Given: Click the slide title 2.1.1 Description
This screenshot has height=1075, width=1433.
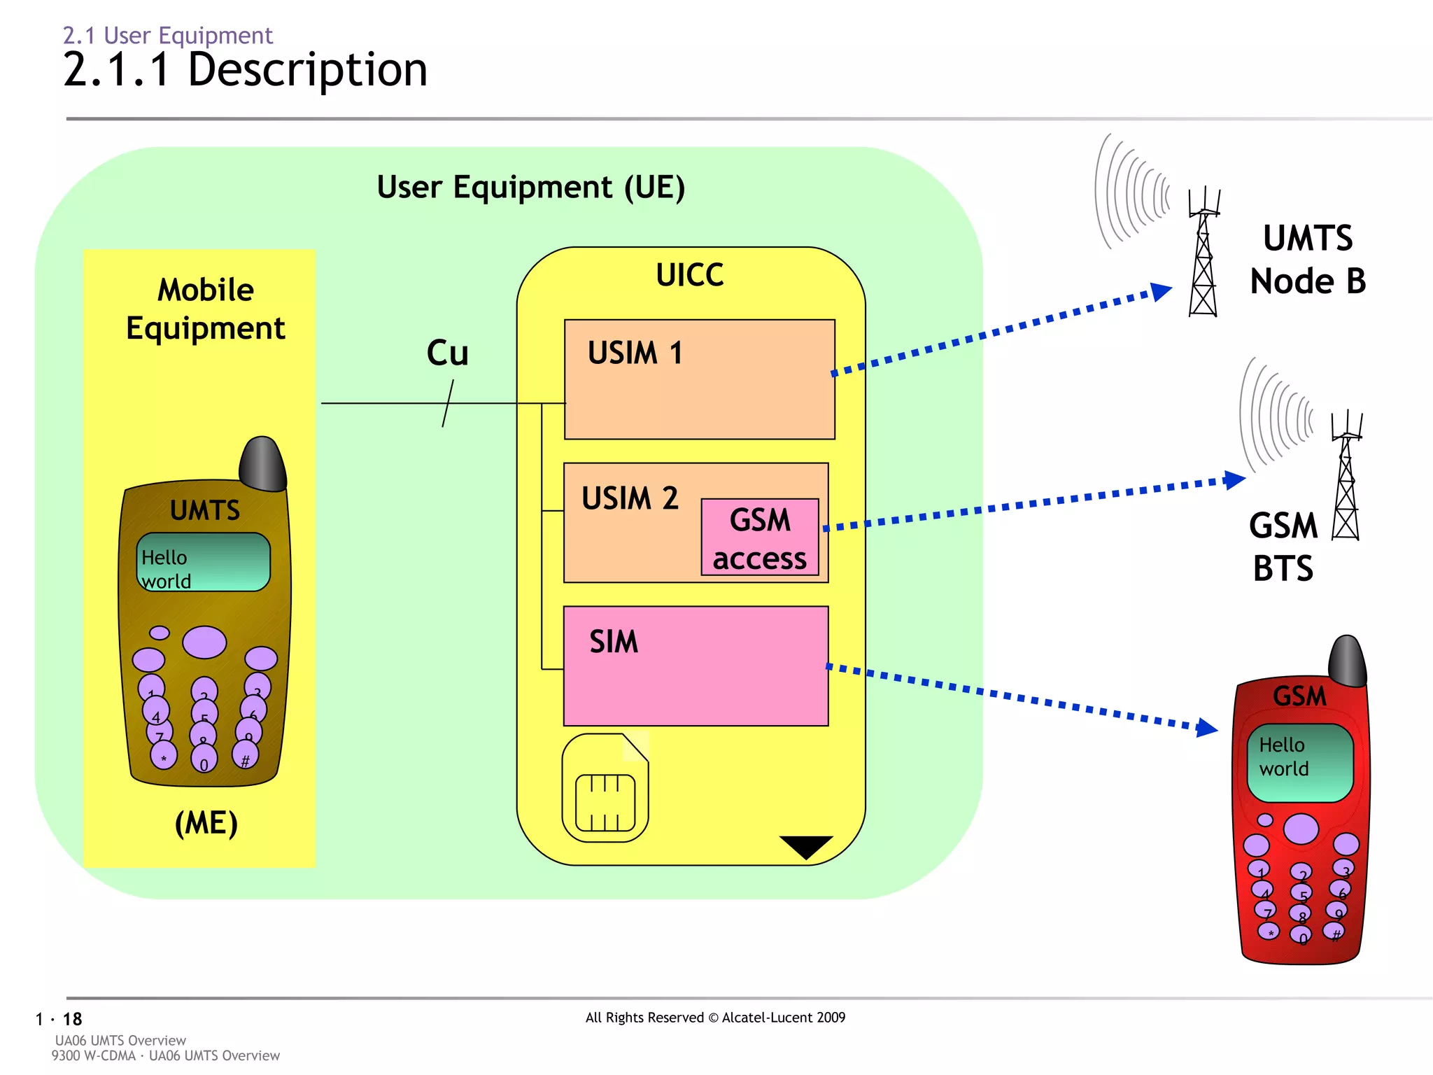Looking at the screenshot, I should tap(245, 70).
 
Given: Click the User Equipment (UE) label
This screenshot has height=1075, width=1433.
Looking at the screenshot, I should tap(530, 188).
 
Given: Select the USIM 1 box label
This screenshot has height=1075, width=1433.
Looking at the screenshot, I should tap(634, 353).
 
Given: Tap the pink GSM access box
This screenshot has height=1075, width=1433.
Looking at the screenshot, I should tap(760, 537).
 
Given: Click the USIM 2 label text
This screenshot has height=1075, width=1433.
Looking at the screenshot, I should tap(630, 498).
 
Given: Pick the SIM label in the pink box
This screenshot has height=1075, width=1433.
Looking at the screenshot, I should tap(614, 642).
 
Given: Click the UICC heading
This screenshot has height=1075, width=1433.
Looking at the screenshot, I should tap(689, 275).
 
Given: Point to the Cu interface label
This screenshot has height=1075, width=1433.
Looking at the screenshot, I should tap(447, 353).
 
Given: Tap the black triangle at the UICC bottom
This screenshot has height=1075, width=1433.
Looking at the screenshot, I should tap(806, 845).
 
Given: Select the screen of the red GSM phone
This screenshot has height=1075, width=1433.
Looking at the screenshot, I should tap(1300, 763).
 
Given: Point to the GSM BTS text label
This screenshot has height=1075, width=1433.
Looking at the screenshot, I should tap(1283, 547).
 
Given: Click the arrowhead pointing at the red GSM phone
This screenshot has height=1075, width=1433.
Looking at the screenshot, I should tap(1206, 728).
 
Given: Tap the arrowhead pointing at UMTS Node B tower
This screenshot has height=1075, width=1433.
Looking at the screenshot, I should tap(1161, 291).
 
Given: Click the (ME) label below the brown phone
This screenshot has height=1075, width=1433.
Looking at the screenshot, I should tap(206, 823).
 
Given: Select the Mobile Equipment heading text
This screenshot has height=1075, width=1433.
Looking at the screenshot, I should tap(206, 309).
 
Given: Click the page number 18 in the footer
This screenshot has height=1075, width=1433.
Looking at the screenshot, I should tap(72, 1019).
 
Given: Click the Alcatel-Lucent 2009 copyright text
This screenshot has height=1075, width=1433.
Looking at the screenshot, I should tap(715, 1018).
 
